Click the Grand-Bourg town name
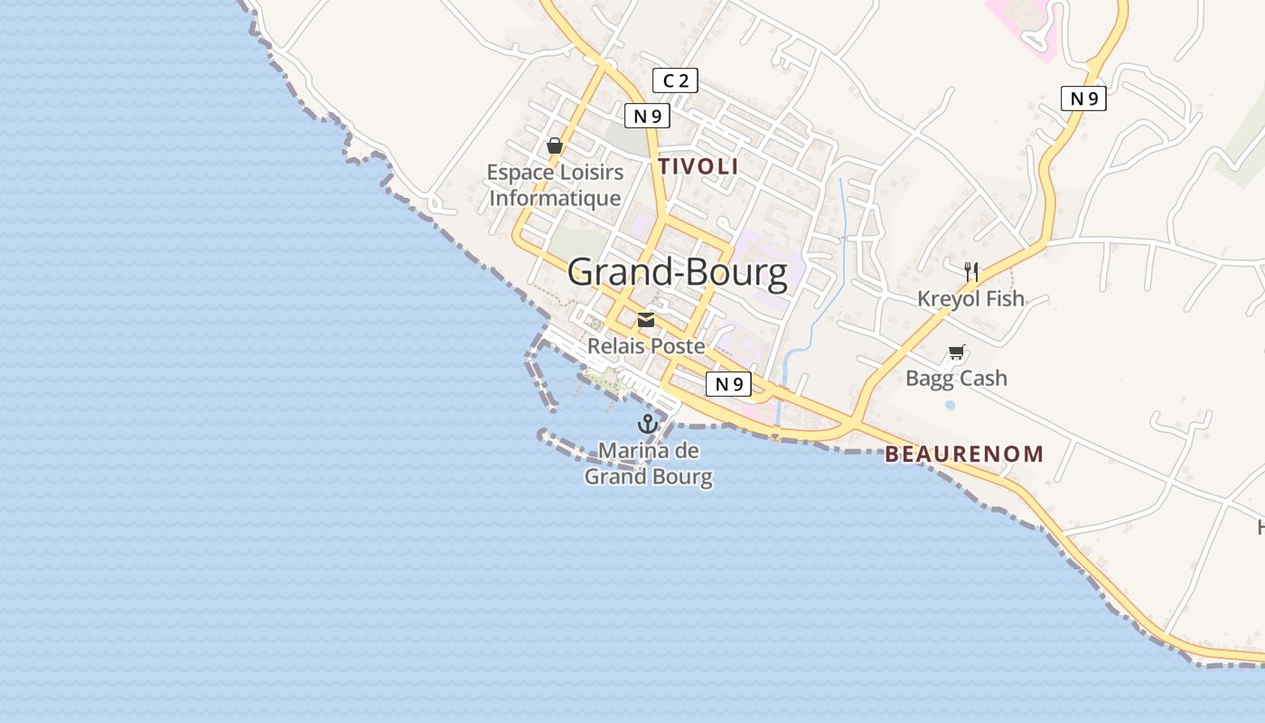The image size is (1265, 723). tap(678, 272)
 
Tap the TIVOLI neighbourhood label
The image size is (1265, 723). tap(698, 166)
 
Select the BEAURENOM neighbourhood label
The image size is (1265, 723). tap(964, 454)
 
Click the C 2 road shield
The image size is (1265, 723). tap(675, 81)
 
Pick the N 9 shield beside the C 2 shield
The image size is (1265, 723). tap(647, 116)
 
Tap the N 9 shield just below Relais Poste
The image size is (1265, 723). tap(728, 384)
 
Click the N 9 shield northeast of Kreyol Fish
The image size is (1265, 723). tap(1083, 99)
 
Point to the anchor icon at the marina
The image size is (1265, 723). tap(647, 423)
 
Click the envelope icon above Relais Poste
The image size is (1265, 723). tap(646, 320)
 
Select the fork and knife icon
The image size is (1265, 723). tap(971, 270)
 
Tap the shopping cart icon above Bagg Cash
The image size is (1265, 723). tap(957, 352)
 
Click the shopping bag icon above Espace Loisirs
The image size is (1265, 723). tap(555, 146)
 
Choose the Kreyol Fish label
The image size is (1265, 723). tap(971, 298)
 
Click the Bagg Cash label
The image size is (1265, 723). tap(956, 378)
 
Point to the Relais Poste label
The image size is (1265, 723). tap(646, 346)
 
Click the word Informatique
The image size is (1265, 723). tap(555, 198)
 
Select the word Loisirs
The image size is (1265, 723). tap(588, 172)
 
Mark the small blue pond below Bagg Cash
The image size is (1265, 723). tap(950, 405)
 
